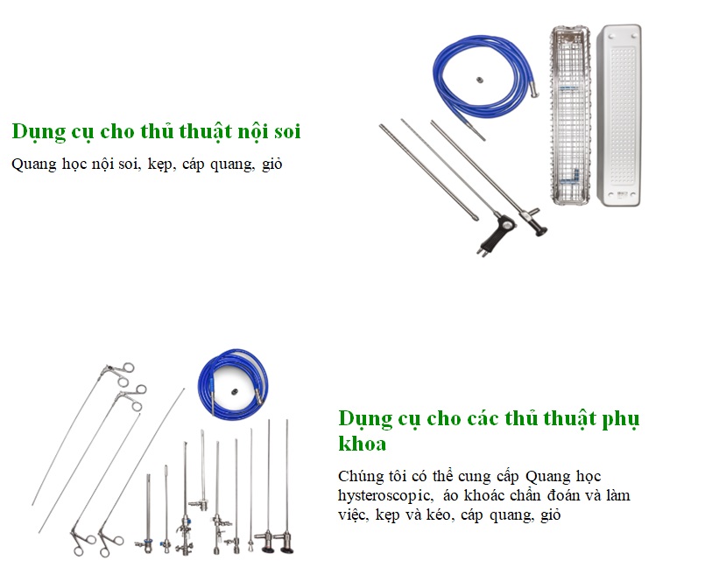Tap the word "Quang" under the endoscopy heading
(32, 164)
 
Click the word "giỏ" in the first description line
(271, 164)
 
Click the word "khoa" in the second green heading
(363, 444)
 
